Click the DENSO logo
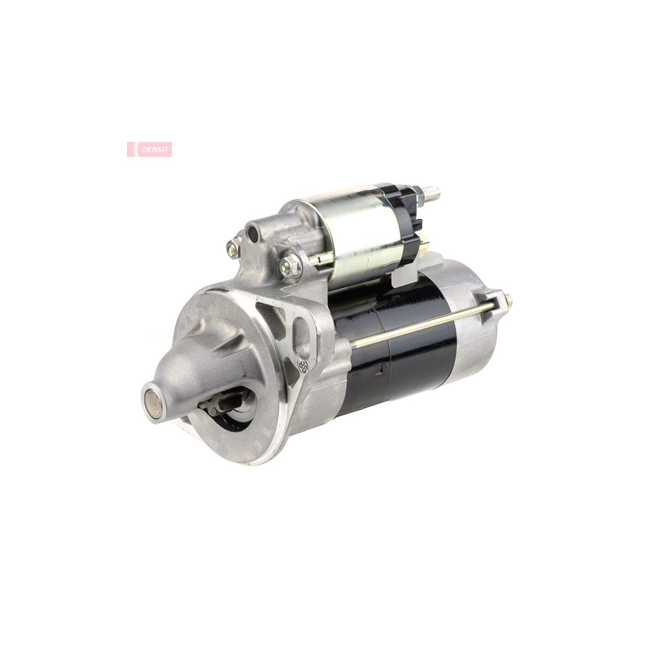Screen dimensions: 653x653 [x=149, y=149]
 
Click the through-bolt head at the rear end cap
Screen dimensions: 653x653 [x=506, y=299]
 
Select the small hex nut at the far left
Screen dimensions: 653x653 [x=234, y=248]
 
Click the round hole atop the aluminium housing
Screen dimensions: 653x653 [x=252, y=234]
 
